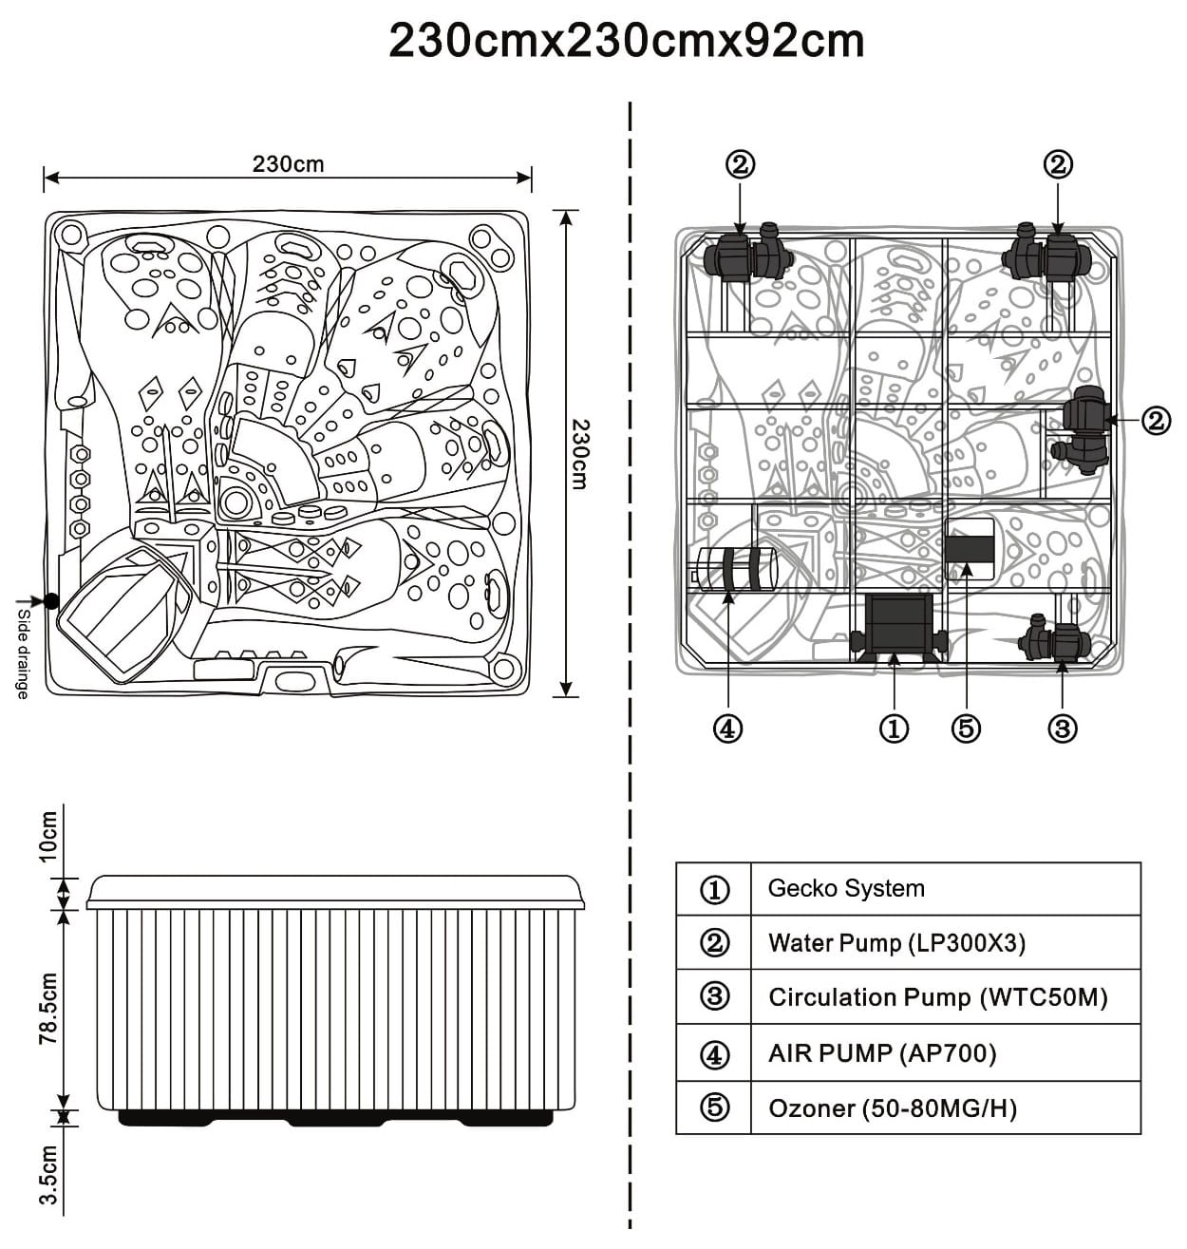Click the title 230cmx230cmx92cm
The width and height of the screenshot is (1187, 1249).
coord(626,42)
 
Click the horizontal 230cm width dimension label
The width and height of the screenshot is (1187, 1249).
coord(288,164)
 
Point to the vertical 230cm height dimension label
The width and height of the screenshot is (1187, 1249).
coord(579,454)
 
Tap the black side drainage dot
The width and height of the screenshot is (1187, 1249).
coord(49,600)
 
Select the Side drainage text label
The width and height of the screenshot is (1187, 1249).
coord(21,654)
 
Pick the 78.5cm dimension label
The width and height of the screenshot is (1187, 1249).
coord(47,1009)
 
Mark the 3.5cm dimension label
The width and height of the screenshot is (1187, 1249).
coord(47,1176)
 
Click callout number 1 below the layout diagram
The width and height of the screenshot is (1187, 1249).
coord(894,729)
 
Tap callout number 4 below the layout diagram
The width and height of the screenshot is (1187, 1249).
coord(727,729)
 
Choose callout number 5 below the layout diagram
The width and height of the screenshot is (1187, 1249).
coord(965,729)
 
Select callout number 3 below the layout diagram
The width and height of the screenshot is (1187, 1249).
coord(1062,729)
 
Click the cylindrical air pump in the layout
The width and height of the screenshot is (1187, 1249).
coord(735,569)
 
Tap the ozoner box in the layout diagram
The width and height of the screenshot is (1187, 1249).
coord(969,549)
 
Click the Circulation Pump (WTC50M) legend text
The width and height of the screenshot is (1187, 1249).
coord(937,997)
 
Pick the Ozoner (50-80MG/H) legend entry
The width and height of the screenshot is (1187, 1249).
coord(892,1108)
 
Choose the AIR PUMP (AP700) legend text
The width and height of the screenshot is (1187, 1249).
coord(881,1053)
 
